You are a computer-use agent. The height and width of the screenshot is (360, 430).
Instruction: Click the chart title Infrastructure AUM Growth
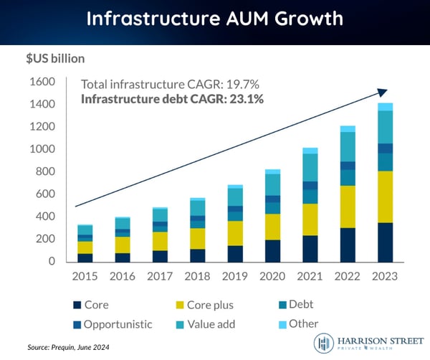click(x=214, y=19)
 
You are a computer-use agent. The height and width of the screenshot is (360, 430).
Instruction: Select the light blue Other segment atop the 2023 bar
click(x=386, y=107)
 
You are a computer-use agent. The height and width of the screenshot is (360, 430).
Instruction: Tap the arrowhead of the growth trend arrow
click(x=382, y=92)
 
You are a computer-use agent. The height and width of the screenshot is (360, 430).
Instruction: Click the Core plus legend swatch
click(x=179, y=304)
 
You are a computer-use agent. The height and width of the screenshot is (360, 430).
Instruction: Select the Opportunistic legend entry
click(x=115, y=323)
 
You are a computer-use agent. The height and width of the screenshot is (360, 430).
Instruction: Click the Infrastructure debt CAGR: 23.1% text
click(x=173, y=99)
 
